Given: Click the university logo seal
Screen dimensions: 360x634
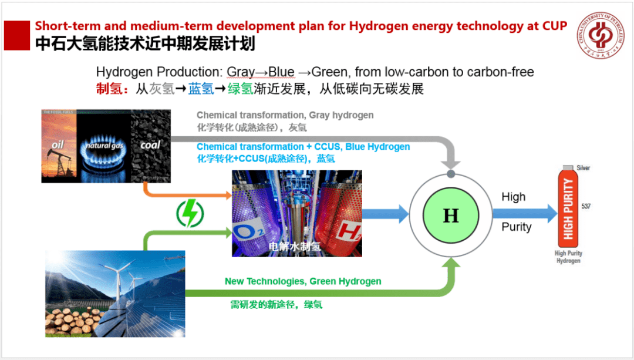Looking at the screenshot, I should (600, 34).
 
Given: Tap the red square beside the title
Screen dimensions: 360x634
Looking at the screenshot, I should (17, 36).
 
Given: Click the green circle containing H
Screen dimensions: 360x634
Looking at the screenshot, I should (450, 216).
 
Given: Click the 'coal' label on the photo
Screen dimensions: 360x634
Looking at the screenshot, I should (150, 144).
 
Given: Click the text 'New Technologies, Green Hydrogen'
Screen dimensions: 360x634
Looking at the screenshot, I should (303, 281).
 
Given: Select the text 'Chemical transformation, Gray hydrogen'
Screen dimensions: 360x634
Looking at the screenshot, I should (285, 115).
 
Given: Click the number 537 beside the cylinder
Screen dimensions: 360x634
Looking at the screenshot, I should (585, 206).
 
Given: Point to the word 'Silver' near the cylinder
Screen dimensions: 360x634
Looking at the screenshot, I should (583, 168).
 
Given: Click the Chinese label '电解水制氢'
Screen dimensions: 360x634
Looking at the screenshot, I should (294, 246).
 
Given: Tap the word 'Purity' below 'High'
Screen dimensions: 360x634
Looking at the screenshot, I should (516, 227).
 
